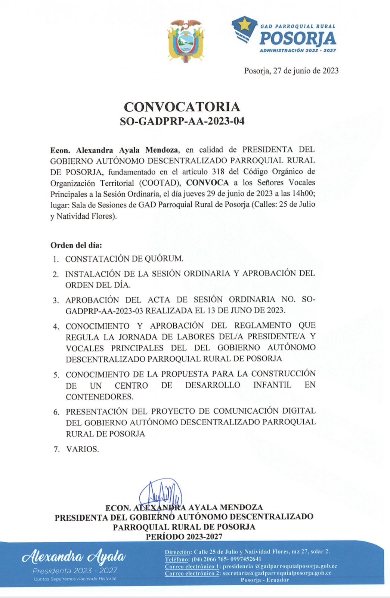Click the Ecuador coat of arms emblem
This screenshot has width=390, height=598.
coord(185,41)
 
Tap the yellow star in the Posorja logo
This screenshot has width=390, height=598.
coord(245,25)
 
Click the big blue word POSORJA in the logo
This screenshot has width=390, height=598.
coord(297,38)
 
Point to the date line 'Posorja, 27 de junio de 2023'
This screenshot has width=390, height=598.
coord(291,71)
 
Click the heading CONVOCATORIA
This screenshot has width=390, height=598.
coord(182,107)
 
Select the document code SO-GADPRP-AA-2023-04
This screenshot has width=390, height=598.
coord(182,121)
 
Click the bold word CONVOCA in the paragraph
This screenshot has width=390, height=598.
coord(207,182)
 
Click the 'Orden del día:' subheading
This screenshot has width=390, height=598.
coord(76,246)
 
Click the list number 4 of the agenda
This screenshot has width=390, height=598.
coord(56,327)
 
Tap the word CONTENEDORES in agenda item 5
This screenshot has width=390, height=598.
coord(99,397)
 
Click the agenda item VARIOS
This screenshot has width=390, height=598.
coord(83,449)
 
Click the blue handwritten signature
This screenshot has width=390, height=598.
coord(161,495)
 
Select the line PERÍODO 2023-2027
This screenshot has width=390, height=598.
coord(184,537)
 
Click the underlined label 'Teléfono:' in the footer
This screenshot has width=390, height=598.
coord(177,559)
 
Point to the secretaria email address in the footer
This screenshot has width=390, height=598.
coord(277,573)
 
